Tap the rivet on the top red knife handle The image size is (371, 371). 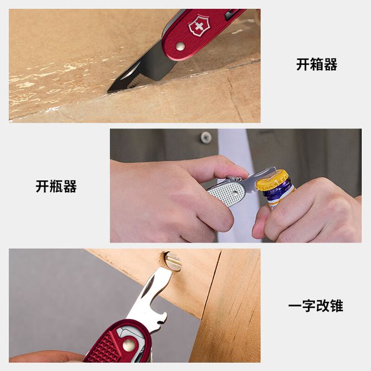click(x=181, y=47)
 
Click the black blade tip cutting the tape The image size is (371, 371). click(x=110, y=91)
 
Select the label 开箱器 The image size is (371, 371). click(x=317, y=64)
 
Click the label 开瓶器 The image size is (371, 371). click(x=56, y=186)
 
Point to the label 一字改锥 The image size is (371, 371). click(x=316, y=306)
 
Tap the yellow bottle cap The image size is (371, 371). click(x=272, y=179)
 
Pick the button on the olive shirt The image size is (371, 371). click(x=205, y=137)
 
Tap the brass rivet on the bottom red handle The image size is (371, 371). click(x=128, y=345)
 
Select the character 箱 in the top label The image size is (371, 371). click(x=317, y=64)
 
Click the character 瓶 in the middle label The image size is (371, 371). click(x=56, y=186)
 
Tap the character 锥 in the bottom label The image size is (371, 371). click(x=337, y=306)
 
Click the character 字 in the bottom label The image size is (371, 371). click(x=309, y=306)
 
